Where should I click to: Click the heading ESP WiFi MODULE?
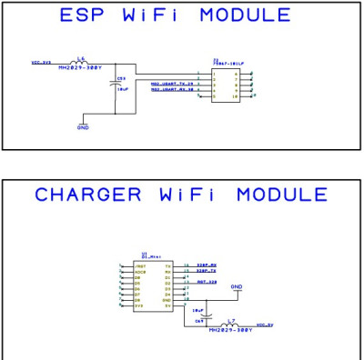176,15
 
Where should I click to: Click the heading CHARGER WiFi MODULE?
181,195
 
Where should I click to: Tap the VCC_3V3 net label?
42,63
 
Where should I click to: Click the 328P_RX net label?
207,265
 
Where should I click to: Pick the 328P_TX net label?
207,271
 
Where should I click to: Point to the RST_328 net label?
207,282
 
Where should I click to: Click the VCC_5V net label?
265,324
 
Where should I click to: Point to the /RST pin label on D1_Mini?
139,265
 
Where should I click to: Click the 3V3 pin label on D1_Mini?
138,305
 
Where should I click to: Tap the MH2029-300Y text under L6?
80,67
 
